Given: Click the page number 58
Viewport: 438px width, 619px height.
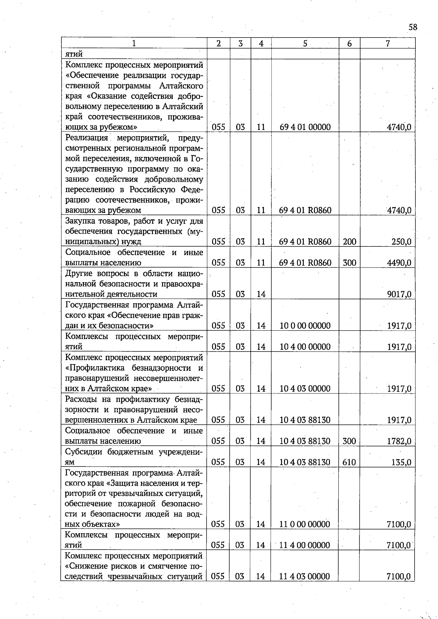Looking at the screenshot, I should [413, 27].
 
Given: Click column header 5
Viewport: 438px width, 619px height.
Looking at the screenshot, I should [305, 43].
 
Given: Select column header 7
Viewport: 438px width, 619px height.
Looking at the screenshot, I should [388, 43].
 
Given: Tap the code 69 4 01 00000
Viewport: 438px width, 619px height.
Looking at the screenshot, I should [305, 127].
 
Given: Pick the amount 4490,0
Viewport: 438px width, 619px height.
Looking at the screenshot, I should [399, 263].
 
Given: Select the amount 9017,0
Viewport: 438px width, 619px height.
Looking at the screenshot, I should [399, 294].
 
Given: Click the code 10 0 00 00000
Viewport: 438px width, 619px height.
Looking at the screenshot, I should [305, 326].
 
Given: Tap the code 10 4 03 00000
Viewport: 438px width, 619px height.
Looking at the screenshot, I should [305, 389].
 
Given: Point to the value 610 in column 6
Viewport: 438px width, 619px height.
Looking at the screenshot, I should [349, 462].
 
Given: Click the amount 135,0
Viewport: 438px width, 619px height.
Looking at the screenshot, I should [401, 462].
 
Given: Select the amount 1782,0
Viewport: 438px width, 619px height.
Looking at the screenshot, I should [399, 441].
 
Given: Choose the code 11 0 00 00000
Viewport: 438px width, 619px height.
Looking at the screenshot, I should [305, 524].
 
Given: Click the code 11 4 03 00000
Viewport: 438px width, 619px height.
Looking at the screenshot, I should [305, 577].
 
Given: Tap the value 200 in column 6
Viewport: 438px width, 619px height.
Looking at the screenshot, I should [349, 242].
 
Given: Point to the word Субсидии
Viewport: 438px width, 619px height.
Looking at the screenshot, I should [84, 451].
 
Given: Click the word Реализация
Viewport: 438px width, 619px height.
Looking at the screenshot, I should [87, 138].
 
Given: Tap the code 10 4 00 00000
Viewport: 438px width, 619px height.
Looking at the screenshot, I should [305, 347].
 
